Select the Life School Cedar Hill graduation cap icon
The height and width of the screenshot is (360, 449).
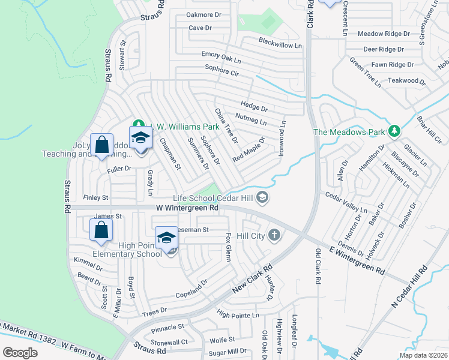[x=262, y=197]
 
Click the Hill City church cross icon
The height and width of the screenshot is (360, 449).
[x=274, y=235]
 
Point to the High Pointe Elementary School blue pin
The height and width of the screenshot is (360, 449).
[x=166, y=238]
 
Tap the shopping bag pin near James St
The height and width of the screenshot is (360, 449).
[x=101, y=230]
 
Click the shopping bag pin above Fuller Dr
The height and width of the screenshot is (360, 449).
[x=101, y=145]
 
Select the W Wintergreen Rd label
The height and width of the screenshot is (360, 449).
[x=187, y=208]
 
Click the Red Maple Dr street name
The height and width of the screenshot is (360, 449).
[x=249, y=149]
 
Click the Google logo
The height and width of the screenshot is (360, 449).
[x=20, y=353]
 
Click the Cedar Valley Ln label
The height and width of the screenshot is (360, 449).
[x=346, y=203]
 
